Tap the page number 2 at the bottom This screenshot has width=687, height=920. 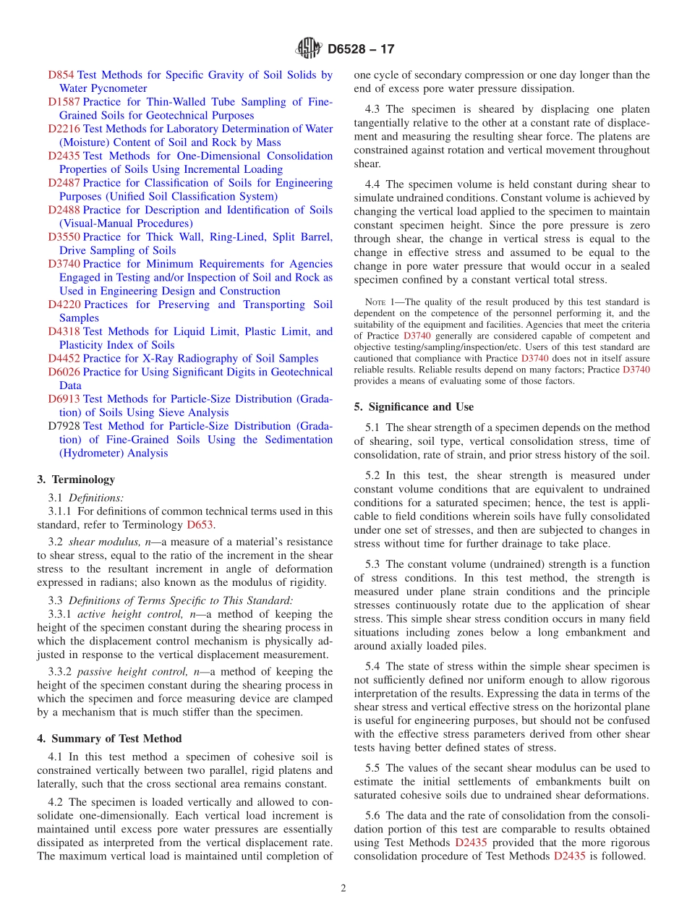(343, 888)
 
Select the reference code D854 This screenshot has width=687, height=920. (61, 75)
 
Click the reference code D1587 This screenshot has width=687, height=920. (64, 102)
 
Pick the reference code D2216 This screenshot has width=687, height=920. (64, 129)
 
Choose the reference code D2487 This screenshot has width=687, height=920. (64, 183)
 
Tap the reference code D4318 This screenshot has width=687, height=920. (64, 331)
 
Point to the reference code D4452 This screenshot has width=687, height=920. (64, 359)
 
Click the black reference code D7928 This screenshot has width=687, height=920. (64, 426)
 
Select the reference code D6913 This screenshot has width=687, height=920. (64, 399)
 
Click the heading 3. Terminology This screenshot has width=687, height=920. (76, 480)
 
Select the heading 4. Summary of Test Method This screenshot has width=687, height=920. (109, 738)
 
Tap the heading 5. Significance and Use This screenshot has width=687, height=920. (414, 407)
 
